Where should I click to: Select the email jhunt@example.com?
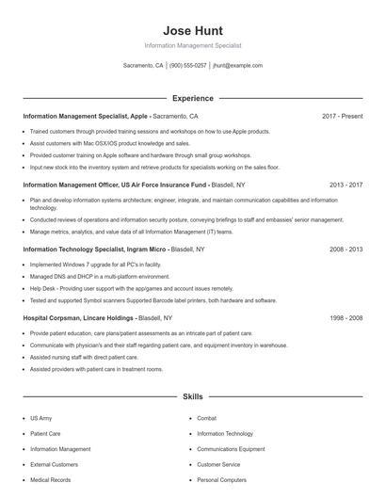click(237, 66)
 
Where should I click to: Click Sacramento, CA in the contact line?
click(144, 66)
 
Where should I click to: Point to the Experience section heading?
click(192, 98)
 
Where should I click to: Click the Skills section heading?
click(192, 398)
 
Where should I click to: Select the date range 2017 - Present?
click(342, 116)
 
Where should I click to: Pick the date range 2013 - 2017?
click(346, 185)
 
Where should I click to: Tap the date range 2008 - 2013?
click(346, 249)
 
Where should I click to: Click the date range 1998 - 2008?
click(346, 318)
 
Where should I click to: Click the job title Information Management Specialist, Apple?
click(85, 116)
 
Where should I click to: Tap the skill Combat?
click(207, 418)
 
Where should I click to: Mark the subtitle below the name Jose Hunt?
click(192, 45)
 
